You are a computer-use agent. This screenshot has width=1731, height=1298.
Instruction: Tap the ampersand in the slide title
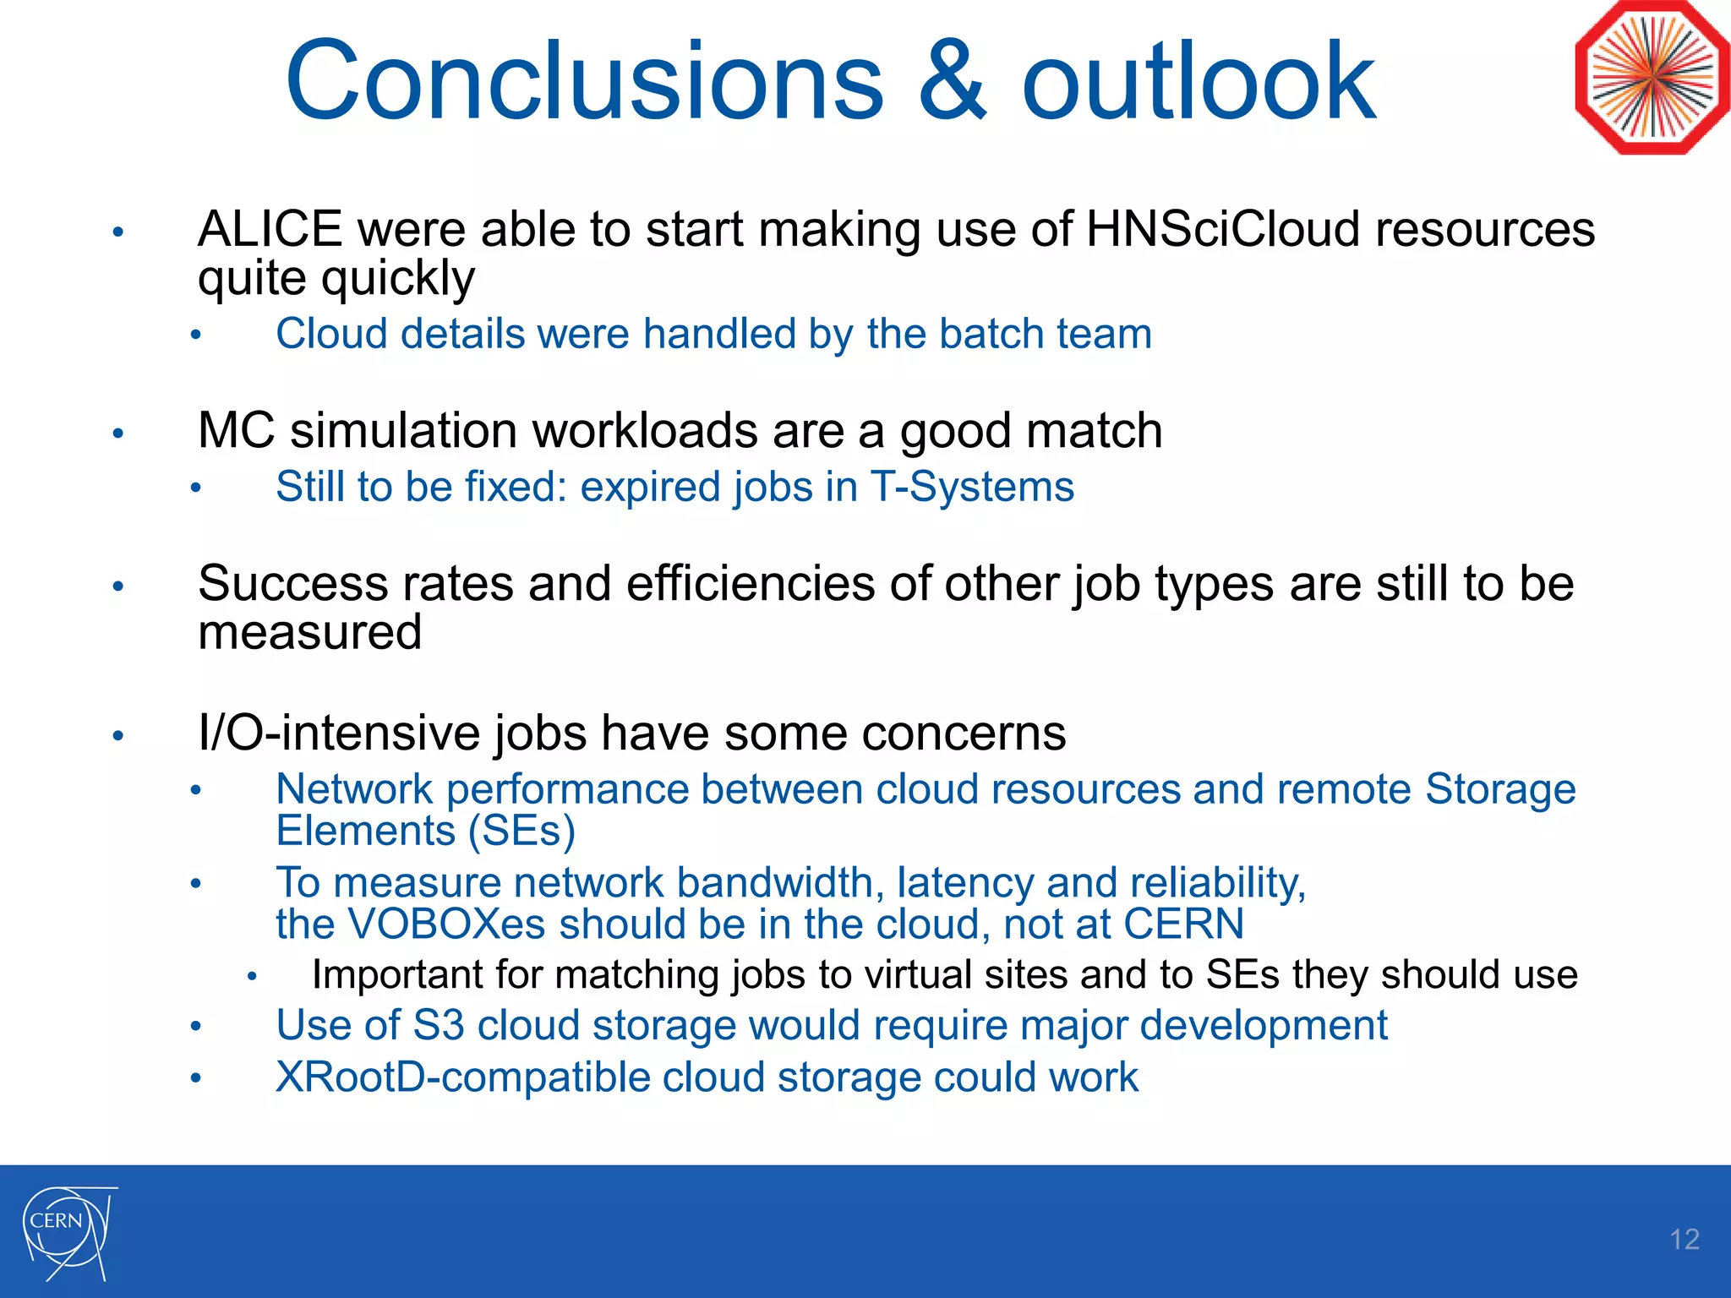pos(952,81)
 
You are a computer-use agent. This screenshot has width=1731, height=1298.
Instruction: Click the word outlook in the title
pos(1199,81)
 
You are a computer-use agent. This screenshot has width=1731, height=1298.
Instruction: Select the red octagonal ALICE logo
pos(1652,78)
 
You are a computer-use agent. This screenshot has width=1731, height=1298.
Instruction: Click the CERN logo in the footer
pos(68,1230)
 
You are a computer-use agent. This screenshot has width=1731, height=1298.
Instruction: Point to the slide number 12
pos(1684,1240)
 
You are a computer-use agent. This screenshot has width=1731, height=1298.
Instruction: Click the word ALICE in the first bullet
pos(270,230)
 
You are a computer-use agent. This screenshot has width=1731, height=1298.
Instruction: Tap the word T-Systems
pos(972,488)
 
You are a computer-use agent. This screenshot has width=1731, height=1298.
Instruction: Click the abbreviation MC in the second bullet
pos(236,431)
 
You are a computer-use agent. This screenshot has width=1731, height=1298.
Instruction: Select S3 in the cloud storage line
pos(438,1026)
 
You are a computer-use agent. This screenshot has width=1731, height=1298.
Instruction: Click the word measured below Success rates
pos(309,633)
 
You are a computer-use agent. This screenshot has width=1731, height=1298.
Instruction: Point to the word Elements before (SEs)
pos(365,831)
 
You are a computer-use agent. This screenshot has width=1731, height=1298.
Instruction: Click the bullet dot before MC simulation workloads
pos(118,434)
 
